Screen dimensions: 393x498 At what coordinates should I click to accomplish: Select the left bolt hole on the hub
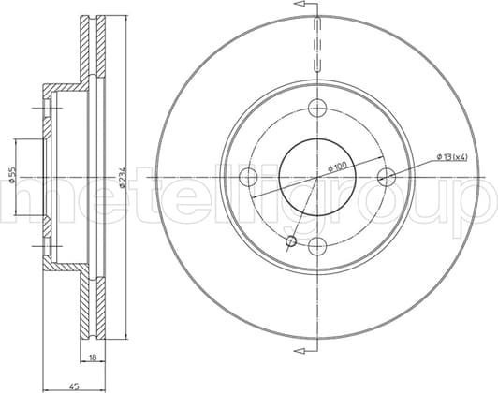248,177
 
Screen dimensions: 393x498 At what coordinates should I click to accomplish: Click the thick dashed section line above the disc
318,47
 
